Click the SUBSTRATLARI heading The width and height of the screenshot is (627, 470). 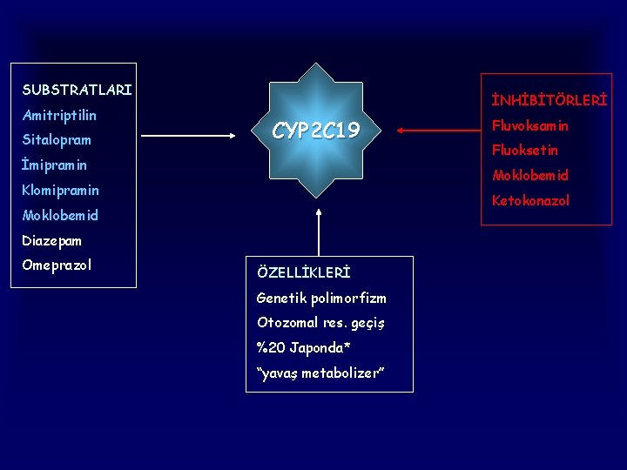pos(78,90)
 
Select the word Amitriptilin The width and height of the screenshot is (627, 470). pos(59,115)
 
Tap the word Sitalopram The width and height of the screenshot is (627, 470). pos(57,140)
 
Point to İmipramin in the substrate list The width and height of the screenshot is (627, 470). pos(55,164)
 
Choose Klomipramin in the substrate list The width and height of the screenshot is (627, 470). pos(61,190)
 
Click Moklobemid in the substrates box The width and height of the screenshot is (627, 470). pos(60,215)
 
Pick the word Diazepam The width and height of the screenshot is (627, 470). pos(52,240)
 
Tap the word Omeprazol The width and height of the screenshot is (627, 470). pos(57,265)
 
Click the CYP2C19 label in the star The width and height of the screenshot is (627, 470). pos(316,131)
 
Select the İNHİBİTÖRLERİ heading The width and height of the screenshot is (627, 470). pos(549,101)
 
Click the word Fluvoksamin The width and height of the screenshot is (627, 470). pos(530,125)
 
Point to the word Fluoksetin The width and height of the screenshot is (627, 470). pos(526,150)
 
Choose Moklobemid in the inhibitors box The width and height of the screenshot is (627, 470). pos(530,175)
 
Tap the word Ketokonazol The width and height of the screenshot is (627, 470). pos(531,200)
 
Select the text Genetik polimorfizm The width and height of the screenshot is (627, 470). pos(321,298)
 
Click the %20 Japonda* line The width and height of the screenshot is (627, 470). pos(304,348)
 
